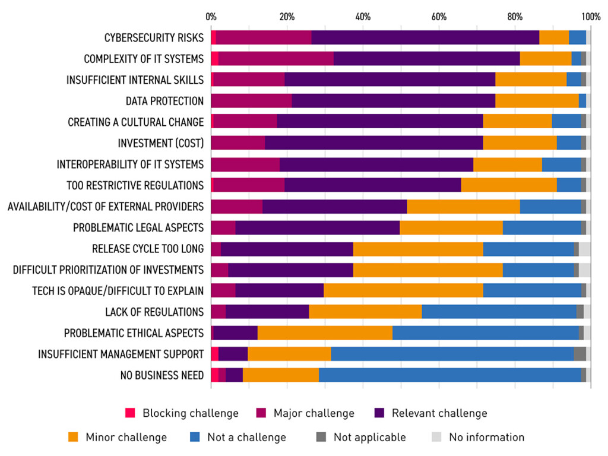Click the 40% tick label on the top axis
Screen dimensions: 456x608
(362, 16)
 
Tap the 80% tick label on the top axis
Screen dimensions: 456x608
(515, 16)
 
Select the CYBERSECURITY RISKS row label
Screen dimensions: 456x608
(154, 37)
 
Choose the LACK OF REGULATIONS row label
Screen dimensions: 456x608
(154, 312)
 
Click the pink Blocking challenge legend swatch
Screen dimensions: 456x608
(130, 413)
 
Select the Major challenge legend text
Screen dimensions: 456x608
(313, 413)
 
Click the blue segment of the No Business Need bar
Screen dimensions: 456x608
(449, 375)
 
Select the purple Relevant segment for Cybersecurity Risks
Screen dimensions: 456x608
(425, 37)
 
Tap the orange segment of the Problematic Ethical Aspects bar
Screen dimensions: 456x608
(325, 333)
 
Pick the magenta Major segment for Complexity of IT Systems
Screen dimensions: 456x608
(275, 59)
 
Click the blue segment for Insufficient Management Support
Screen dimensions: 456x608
(452, 354)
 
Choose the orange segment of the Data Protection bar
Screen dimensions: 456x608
(537, 101)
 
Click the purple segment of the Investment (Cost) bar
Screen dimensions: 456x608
(373, 143)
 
